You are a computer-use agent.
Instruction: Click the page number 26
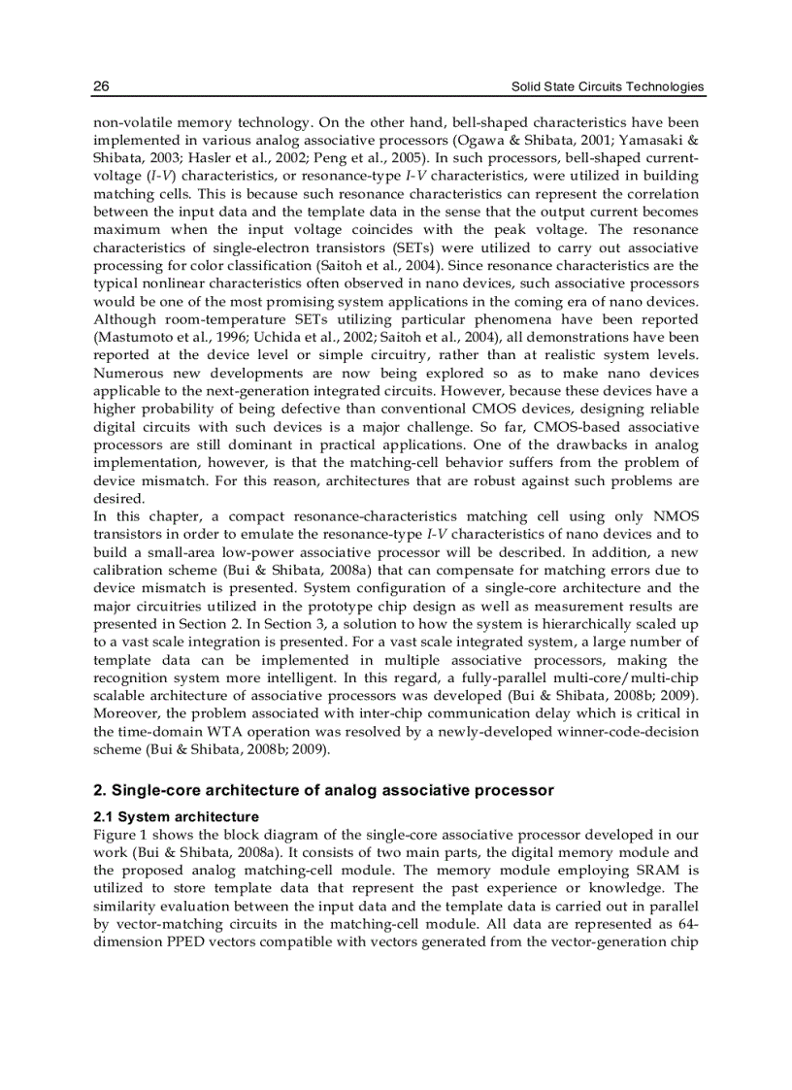click(x=101, y=87)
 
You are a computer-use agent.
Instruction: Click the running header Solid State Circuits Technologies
click(x=608, y=87)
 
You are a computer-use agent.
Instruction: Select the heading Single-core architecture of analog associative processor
click(x=323, y=790)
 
